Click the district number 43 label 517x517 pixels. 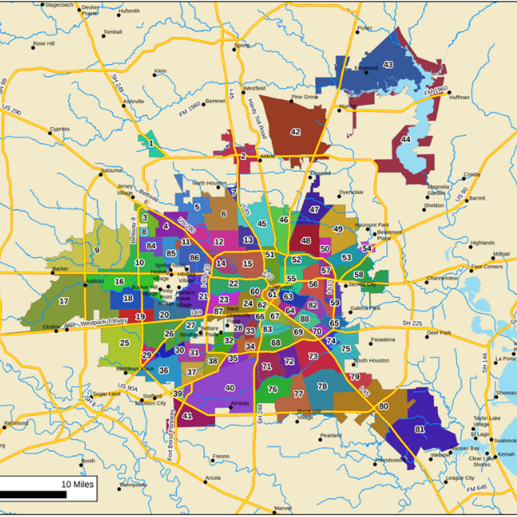(x=388, y=65)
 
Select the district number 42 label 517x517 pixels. (x=295, y=132)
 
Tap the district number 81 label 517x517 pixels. (x=420, y=429)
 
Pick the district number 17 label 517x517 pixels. (x=64, y=302)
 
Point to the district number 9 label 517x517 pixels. (x=97, y=250)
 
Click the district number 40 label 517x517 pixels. (x=230, y=388)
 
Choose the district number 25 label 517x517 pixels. (x=124, y=343)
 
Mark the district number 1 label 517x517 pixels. (x=151, y=143)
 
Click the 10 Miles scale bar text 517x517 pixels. (x=78, y=484)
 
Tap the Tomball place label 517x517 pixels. (x=113, y=32)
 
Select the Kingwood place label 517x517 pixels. (x=366, y=68)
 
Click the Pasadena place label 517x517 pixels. (x=383, y=340)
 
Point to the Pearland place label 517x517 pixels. (x=331, y=435)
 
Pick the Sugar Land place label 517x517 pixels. (x=107, y=394)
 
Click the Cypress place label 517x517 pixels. (x=59, y=129)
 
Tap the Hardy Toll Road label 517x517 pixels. (x=257, y=118)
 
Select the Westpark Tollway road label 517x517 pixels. (x=104, y=322)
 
